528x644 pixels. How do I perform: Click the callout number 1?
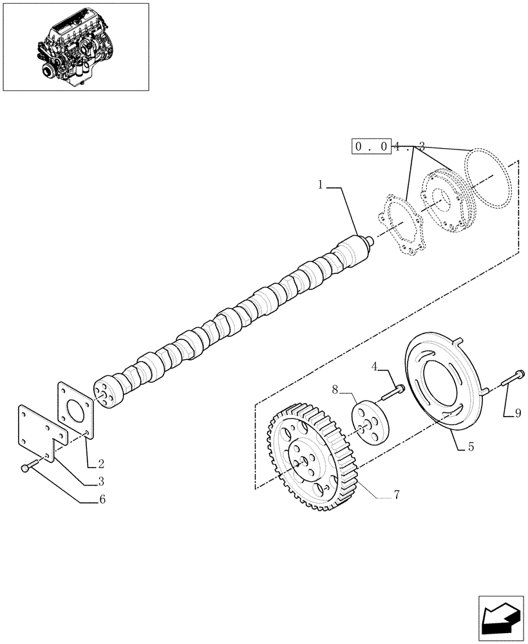click(320, 185)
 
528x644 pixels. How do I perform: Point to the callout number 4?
click(374, 367)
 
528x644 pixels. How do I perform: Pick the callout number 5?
click(471, 446)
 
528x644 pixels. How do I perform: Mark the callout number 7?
click(397, 495)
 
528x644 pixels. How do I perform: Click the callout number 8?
click(335, 389)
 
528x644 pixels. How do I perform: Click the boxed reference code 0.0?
click(371, 147)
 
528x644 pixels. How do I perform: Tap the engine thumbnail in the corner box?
click(76, 46)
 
